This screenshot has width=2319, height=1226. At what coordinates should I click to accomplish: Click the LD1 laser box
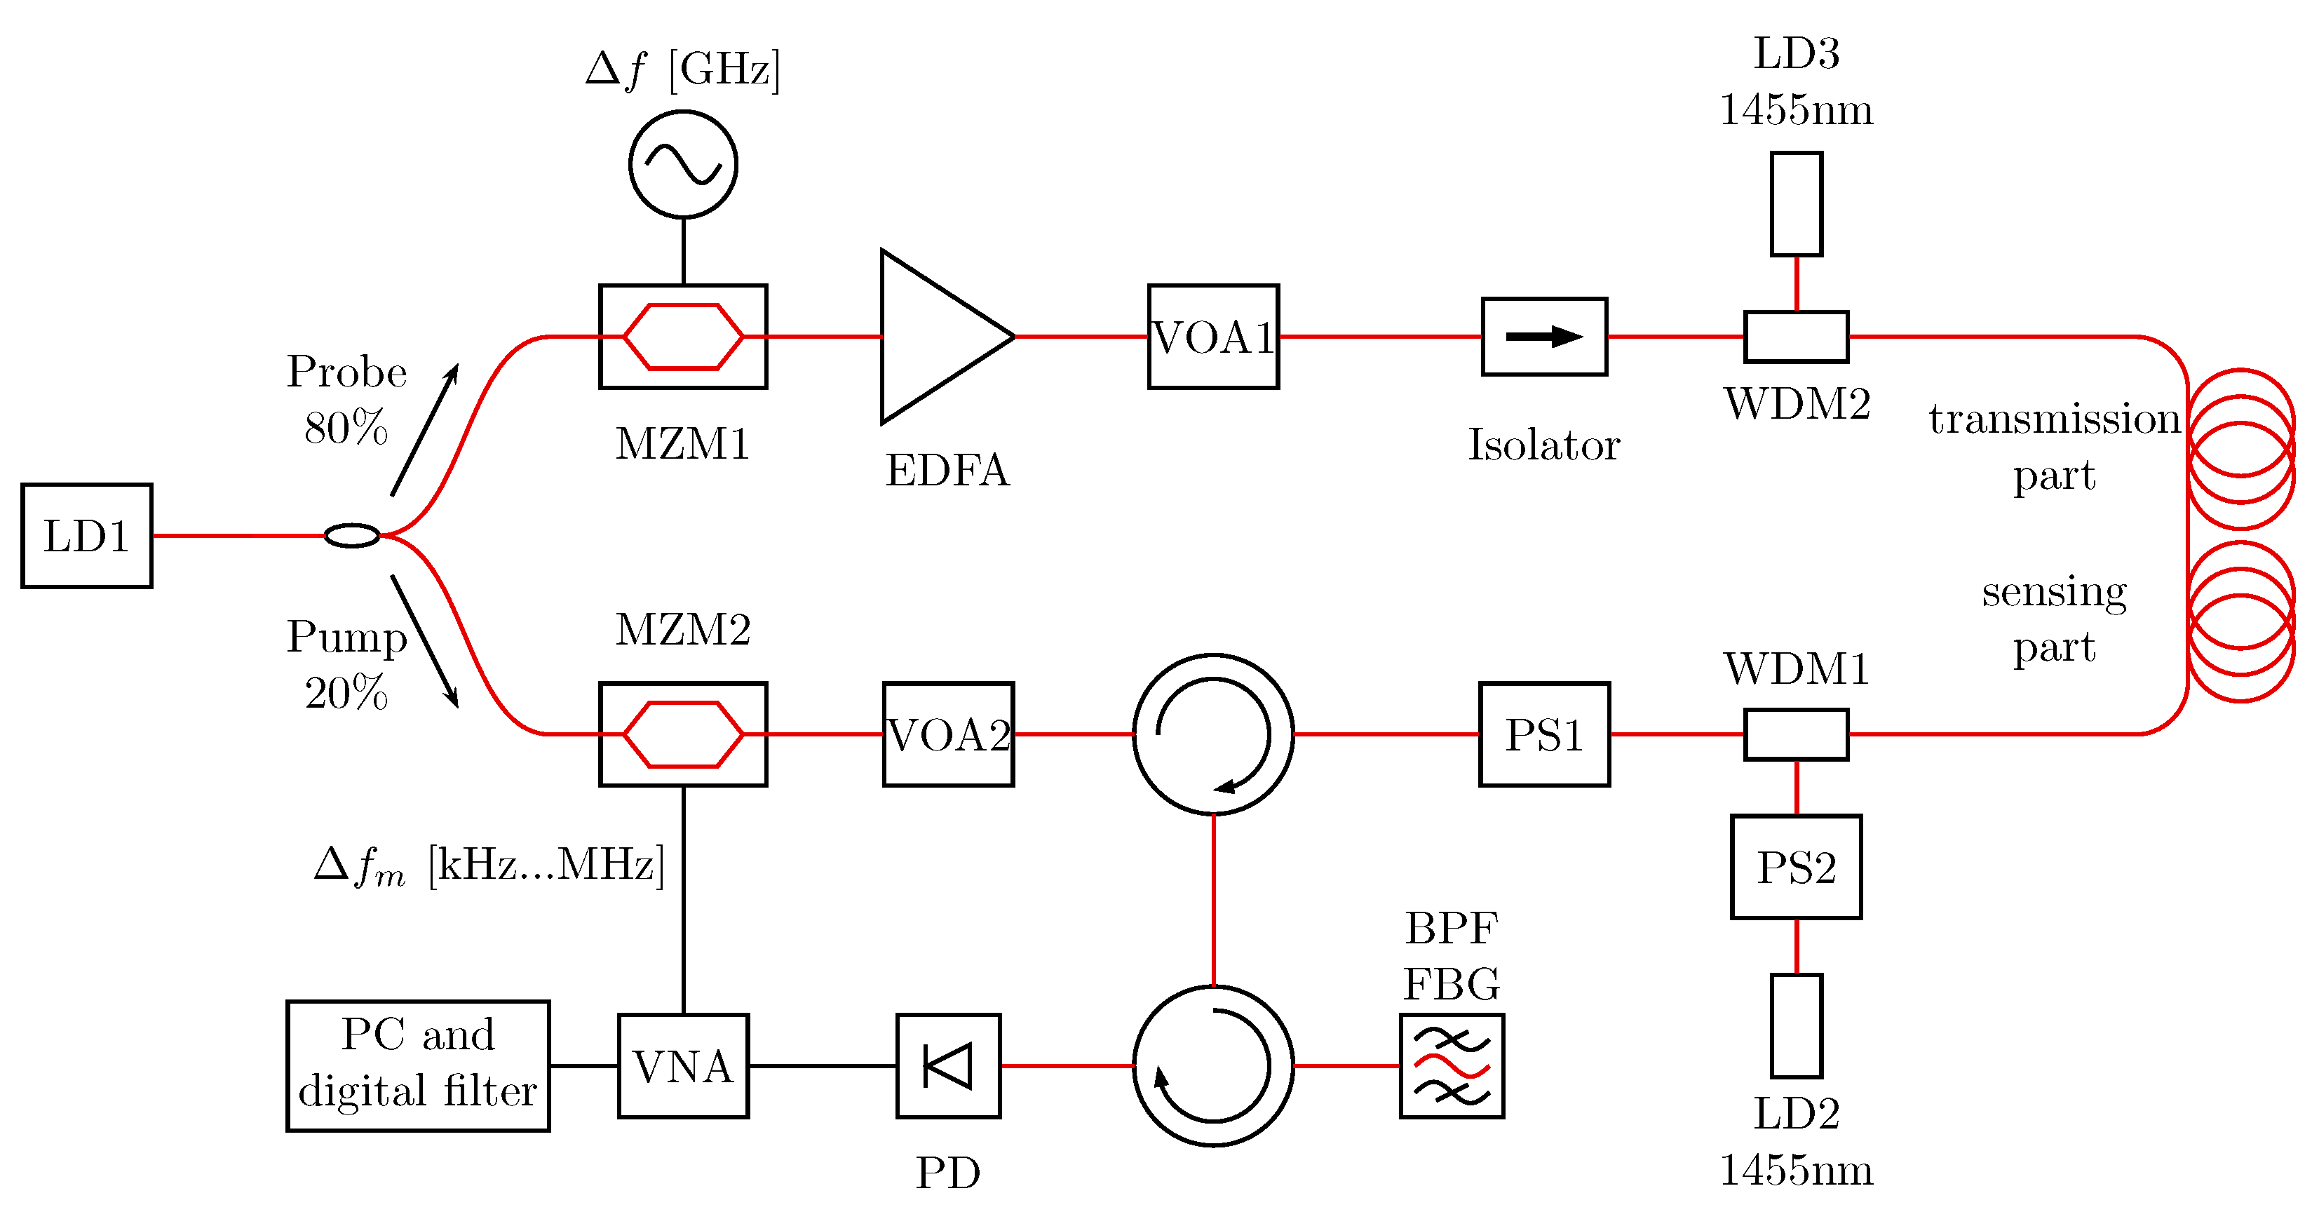[x=86, y=536]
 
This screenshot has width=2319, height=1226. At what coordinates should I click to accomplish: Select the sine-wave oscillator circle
[x=682, y=164]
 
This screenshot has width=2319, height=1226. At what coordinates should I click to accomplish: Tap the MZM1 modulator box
[x=682, y=337]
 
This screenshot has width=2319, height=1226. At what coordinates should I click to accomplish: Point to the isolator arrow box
[x=1544, y=337]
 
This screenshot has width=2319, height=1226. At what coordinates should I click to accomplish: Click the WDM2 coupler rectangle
[x=1796, y=337]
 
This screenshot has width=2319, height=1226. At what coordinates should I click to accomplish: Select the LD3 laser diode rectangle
[x=1796, y=204]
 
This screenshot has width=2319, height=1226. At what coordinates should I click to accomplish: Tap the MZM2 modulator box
[x=682, y=734]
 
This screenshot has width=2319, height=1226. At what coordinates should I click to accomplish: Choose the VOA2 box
[x=948, y=734]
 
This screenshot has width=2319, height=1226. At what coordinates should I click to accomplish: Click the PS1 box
[x=1544, y=734]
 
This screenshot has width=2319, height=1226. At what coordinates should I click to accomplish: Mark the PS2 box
[x=1796, y=867]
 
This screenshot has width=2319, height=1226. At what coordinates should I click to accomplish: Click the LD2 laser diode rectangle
[x=1796, y=1025]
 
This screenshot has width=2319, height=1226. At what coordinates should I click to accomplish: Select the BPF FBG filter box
[x=1451, y=1066]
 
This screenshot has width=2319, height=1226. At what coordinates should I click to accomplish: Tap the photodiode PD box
[x=948, y=1066]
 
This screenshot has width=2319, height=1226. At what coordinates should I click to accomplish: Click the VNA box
[x=682, y=1066]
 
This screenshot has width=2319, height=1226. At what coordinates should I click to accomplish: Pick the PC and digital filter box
[x=418, y=1066]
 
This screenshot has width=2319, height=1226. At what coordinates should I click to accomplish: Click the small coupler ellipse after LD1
[x=352, y=536]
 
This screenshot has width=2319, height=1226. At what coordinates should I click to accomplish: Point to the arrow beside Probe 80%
[x=425, y=430]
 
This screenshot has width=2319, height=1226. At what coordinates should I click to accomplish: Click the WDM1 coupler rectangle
[x=1796, y=734]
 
